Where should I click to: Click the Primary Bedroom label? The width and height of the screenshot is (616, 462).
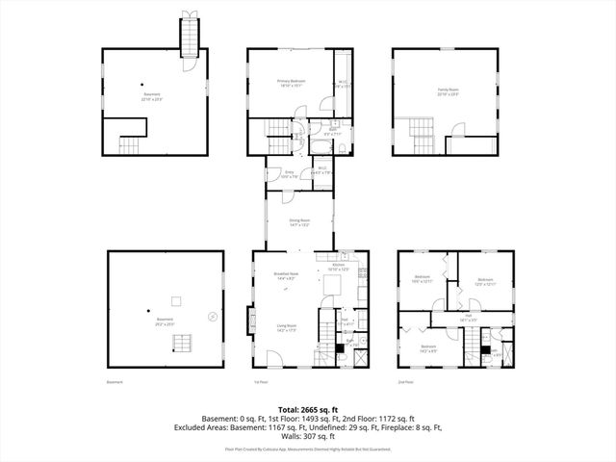[291, 83]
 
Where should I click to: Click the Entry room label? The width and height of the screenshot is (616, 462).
[289, 173]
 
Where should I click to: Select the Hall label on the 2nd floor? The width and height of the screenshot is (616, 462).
[468, 316]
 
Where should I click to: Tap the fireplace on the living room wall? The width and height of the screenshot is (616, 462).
[252, 319]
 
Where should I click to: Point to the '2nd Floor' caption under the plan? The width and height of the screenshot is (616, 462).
[405, 382]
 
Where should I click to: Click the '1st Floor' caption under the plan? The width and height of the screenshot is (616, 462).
[258, 382]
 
